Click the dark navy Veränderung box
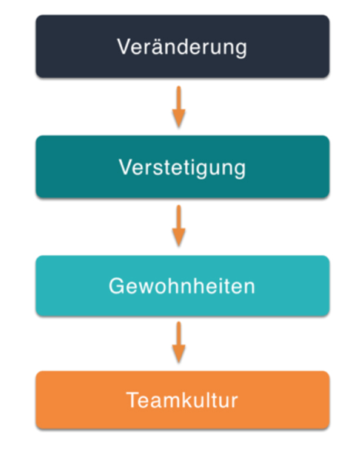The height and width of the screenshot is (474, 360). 182,46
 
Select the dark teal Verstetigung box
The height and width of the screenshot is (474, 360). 182,166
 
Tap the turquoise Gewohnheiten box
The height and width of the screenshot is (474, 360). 182,286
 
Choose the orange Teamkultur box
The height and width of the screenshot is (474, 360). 182,400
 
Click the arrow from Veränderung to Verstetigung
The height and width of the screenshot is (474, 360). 179,107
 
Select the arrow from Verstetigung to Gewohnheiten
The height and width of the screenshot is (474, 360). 179,226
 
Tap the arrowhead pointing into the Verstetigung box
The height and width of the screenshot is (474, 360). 179,118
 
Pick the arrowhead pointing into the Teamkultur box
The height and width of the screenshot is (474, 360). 179,353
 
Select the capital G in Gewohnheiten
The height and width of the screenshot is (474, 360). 116,286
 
